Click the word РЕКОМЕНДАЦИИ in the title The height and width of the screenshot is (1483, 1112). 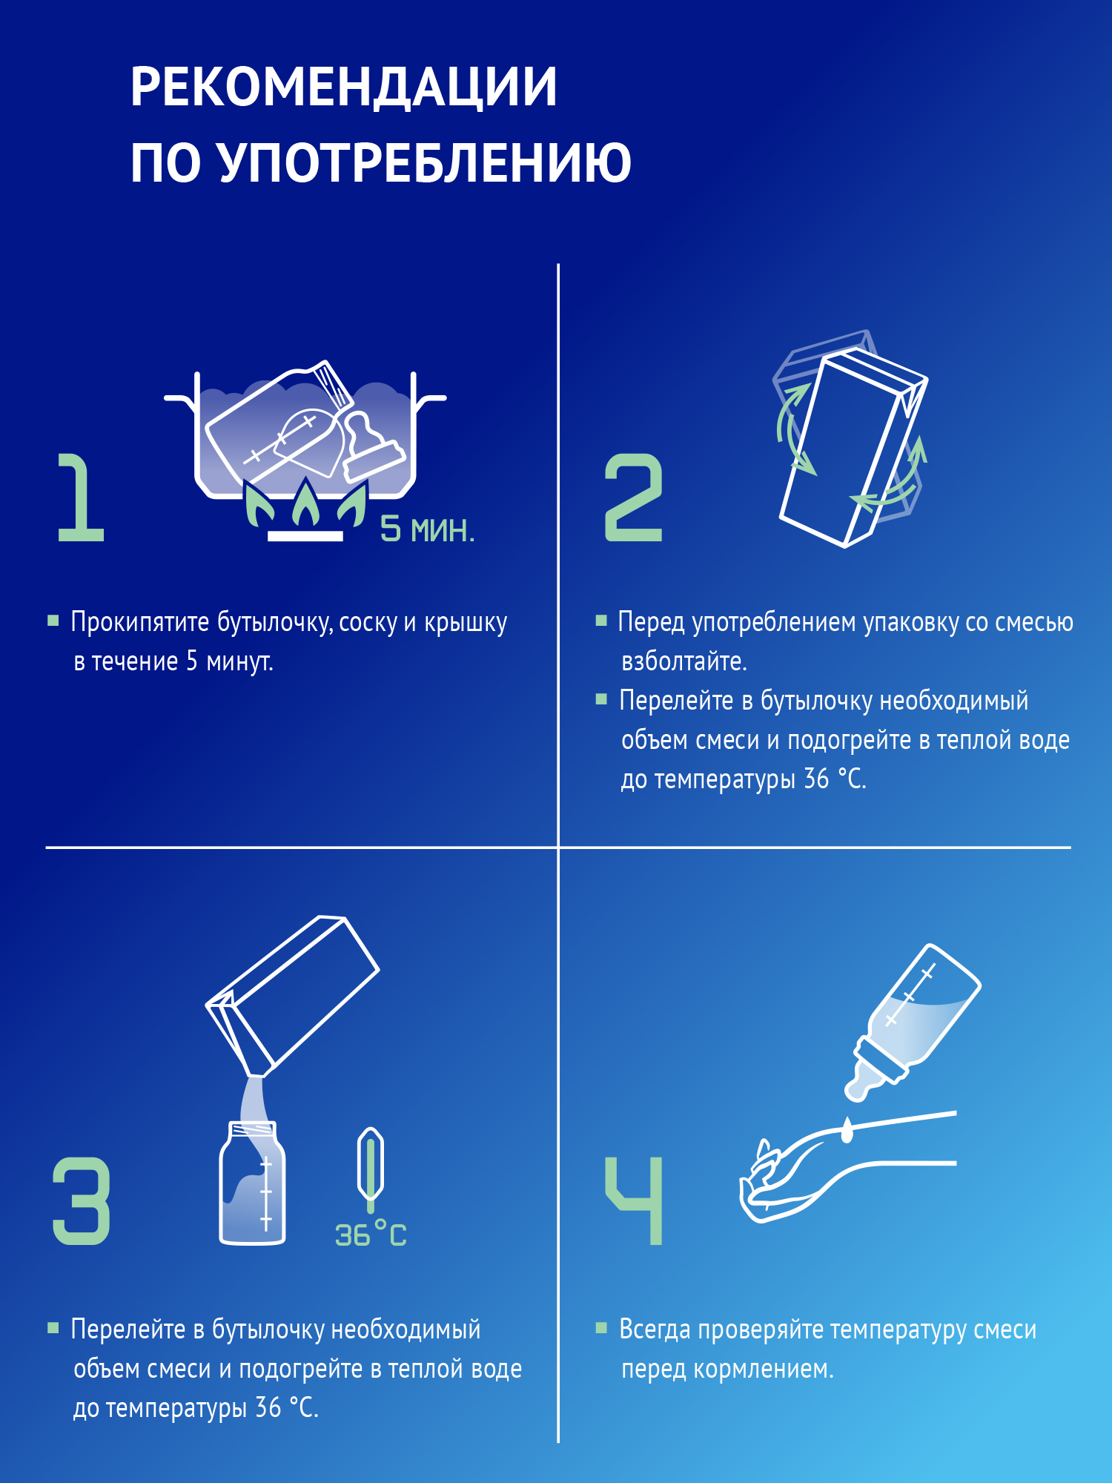tap(343, 87)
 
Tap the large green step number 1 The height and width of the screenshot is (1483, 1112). tap(80, 498)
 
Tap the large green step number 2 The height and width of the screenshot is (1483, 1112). tap(633, 498)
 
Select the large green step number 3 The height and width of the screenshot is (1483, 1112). tap(82, 1200)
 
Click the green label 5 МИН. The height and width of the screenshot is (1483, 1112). tap(427, 529)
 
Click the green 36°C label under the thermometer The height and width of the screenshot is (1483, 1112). tap(371, 1235)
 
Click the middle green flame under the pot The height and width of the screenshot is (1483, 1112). tap(306, 505)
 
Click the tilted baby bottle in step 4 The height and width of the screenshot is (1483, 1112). tap(916, 1020)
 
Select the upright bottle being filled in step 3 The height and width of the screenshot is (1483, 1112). tap(252, 1186)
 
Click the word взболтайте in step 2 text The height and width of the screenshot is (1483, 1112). tap(683, 661)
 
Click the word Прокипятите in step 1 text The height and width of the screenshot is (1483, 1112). tap(140, 622)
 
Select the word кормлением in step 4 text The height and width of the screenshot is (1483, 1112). tap(763, 1369)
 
